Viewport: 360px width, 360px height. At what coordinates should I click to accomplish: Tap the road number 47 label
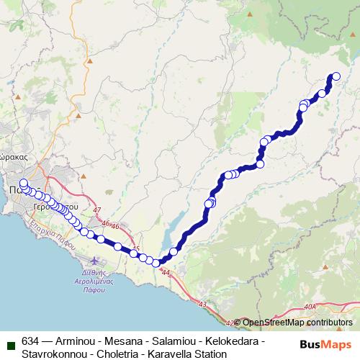[x=97, y=210]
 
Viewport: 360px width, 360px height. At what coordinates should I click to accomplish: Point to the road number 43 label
[x=203, y=305]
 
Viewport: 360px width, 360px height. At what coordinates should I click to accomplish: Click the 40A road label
[x=310, y=307]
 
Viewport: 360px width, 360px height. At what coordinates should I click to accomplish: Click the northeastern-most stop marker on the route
[x=335, y=76]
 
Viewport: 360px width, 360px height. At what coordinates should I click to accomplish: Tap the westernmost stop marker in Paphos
[x=23, y=183]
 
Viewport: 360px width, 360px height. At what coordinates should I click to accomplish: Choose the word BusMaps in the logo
[x=325, y=343]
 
